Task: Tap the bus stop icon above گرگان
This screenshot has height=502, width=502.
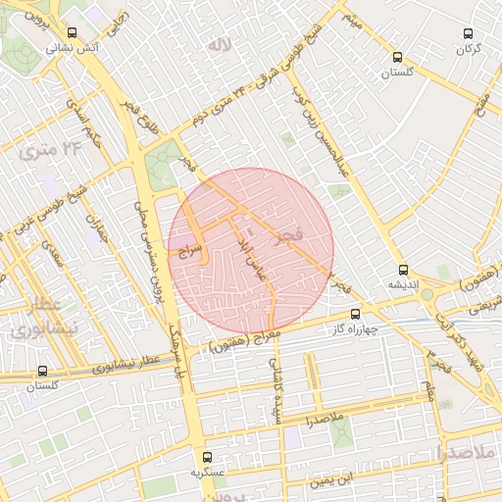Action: pyautogui.click(x=469, y=33)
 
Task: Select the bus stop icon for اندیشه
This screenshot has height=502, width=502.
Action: pyautogui.click(x=403, y=270)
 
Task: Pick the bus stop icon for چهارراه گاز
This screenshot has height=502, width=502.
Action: pyautogui.click(x=355, y=315)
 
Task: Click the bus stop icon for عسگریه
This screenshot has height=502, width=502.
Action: pyautogui.click(x=206, y=457)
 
